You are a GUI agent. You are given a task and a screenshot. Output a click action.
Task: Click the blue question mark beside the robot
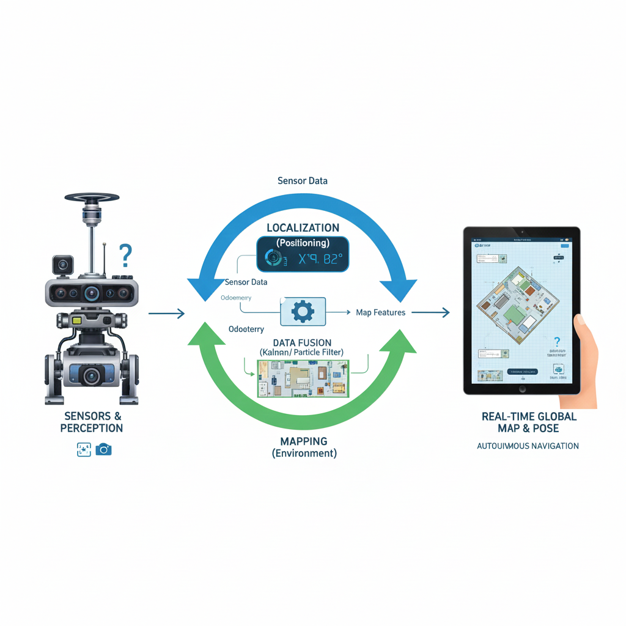pyautogui.click(x=125, y=255)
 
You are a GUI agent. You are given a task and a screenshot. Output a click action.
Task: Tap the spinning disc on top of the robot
pyautogui.click(x=92, y=197)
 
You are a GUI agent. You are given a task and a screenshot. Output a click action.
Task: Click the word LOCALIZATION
pyautogui.click(x=303, y=228)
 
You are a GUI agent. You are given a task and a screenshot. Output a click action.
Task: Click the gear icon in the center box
pyautogui.click(x=303, y=312)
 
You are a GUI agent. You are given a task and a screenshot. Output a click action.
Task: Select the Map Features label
pyautogui.click(x=380, y=312)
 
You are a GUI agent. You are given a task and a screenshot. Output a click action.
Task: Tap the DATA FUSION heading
pyautogui.click(x=302, y=342)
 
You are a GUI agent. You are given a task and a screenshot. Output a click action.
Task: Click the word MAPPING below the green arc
pyautogui.click(x=304, y=441)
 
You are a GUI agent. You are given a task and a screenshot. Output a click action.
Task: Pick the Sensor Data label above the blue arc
pyautogui.click(x=302, y=181)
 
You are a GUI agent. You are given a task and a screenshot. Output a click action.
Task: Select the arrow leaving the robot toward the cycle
pyautogui.click(x=166, y=314)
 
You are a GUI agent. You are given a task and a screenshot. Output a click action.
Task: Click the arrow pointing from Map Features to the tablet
pyautogui.click(x=430, y=312)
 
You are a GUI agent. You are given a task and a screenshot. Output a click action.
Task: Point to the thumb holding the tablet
pyautogui.click(x=580, y=321)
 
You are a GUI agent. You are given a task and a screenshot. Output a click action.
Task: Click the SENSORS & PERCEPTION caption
pyautogui.click(x=92, y=422)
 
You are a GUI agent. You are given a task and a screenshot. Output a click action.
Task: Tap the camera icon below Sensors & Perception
pyautogui.click(x=104, y=450)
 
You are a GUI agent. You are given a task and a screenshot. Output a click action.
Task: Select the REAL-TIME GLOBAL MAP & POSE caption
pyautogui.click(x=529, y=422)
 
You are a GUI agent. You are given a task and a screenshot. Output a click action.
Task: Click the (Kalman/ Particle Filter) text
pyautogui.click(x=301, y=353)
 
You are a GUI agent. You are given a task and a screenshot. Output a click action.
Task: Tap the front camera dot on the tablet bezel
pyautogui.click(x=521, y=233)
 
